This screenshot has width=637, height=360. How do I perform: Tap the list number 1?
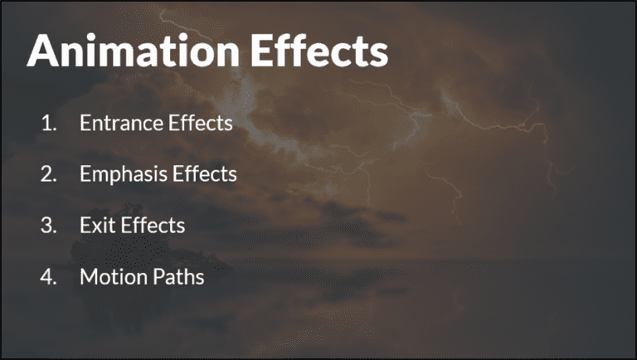[48, 124]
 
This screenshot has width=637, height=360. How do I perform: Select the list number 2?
[48, 174]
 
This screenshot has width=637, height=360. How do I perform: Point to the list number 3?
[48, 226]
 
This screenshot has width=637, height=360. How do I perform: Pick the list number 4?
[48, 277]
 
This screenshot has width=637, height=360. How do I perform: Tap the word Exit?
[95, 226]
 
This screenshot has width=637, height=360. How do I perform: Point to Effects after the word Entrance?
[200, 124]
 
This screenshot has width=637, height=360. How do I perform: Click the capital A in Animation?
[44, 51]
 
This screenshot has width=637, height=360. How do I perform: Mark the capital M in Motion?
[88, 277]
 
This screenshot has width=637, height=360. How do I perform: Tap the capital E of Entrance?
[85, 124]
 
